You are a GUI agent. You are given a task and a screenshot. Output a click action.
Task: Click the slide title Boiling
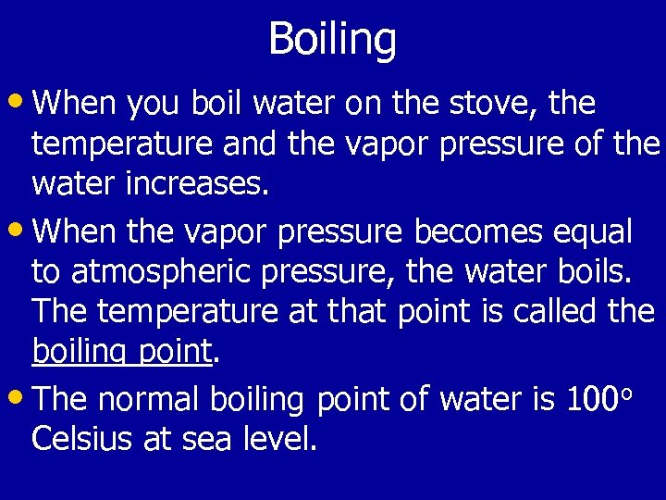pyautogui.click(x=332, y=40)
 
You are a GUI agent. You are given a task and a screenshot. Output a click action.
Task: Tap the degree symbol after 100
pyautogui.click(x=626, y=393)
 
